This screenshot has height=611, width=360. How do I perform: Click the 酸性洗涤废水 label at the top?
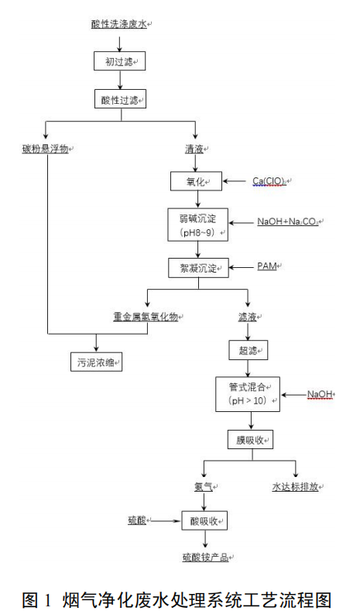pos(118,25)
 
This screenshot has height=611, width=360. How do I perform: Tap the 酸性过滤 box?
pos(118,99)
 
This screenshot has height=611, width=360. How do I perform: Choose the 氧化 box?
pos(194,181)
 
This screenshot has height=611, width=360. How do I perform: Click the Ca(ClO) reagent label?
pos(270,181)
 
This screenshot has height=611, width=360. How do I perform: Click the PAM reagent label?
pos(266,266)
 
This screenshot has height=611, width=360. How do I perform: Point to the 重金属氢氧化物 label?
pos(147,317)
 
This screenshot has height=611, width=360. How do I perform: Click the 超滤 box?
pos(248,351)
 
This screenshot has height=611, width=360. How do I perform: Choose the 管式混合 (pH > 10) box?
pos(248,394)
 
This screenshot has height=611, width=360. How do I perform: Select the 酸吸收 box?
pos(204,520)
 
